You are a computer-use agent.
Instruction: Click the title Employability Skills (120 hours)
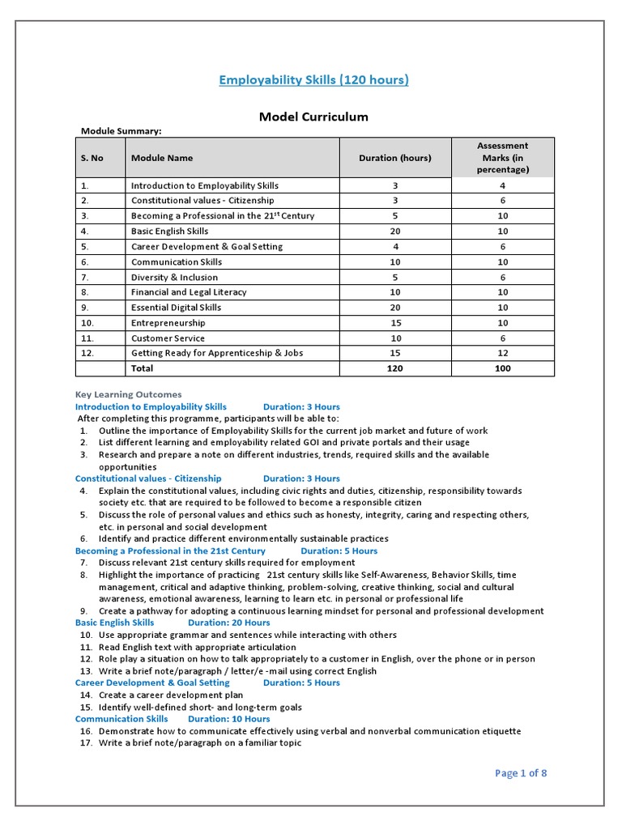point(313,79)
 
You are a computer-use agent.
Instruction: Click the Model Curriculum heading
point(313,117)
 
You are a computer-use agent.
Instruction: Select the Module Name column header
point(162,158)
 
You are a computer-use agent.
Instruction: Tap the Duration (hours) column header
point(395,158)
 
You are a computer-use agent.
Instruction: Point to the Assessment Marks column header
point(502,158)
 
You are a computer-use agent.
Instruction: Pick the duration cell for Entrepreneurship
point(395,323)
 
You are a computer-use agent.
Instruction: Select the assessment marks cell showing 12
point(502,353)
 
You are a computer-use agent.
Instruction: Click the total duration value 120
point(395,368)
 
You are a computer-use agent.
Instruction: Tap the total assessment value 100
point(502,368)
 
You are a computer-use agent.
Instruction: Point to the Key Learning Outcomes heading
point(128,394)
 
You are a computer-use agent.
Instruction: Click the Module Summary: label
point(121,130)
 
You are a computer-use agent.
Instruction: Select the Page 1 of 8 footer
point(521,773)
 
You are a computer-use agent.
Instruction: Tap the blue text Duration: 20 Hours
point(228,623)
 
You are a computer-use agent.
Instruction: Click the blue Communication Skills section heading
point(121,719)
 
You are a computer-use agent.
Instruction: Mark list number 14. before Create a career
point(85,695)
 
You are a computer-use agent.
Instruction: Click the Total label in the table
point(142,368)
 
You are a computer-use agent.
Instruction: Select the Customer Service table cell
point(168,338)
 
